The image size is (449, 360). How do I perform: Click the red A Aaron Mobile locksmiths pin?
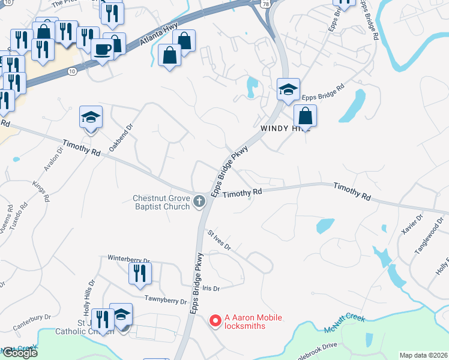[214, 321]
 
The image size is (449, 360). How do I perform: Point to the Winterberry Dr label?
[128, 259]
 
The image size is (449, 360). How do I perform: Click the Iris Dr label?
[211, 288]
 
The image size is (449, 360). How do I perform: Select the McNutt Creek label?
[345, 321]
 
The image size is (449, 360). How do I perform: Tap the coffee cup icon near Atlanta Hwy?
[103, 49]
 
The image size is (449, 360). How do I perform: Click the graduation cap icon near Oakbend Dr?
[91, 117]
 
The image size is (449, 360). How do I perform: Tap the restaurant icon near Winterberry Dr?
[140, 274]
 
